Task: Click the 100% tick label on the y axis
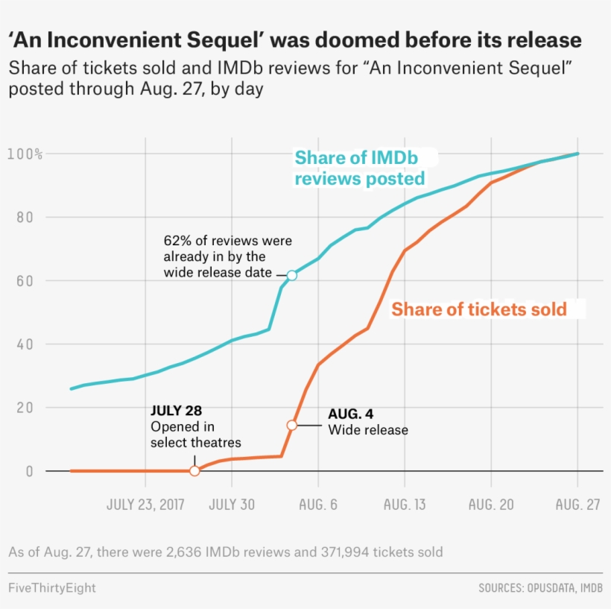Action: tap(25, 154)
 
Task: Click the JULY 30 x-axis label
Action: tap(232, 505)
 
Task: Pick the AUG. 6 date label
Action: tap(319, 505)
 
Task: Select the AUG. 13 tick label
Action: tap(405, 505)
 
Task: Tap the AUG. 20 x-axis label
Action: tap(491, 505)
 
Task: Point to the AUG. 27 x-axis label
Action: tap(577, 505)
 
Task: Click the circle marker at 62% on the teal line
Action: tap(292, 275)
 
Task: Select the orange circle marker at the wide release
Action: tap(292, 425)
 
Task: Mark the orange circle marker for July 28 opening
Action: tap(194, 471)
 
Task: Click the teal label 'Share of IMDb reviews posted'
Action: tap(361, 168)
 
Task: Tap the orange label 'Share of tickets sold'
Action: tap(479, 309)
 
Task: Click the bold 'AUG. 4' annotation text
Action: tap(350, 414)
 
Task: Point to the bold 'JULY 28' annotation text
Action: tap(176, 410)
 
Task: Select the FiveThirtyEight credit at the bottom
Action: tap(52, 588)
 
